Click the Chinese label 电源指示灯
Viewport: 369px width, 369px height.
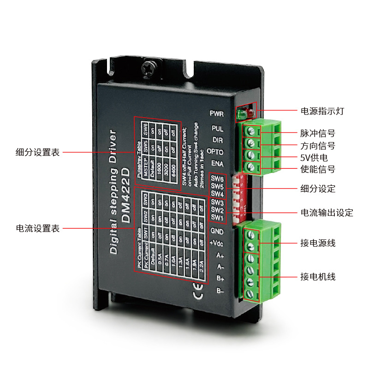click(x=322, y=111)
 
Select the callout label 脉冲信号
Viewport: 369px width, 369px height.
click(x=318, y=133)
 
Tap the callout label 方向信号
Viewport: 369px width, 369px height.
click(x=318, y=146)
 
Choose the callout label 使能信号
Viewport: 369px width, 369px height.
click(x=318, y=170)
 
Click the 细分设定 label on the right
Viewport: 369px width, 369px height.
click(x=318, y=189)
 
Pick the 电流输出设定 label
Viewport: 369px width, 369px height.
click(x=327, y=213)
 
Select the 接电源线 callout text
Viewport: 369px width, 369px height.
click(x=318, y=243)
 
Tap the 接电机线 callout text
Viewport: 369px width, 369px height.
click(x=318, y=277)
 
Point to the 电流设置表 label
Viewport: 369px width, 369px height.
click(x=37, y=228)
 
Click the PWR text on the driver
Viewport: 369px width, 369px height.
click(x=217, y=113)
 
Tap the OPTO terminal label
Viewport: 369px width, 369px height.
click(x=215, y=151)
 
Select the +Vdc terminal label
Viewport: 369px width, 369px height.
click(x=217, y=243)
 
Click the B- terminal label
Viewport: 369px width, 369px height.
click(x=220, y=291)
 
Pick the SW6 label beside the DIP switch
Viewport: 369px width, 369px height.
click(x=218, y=179)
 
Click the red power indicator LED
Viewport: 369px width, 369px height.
click(x=250, y=113)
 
